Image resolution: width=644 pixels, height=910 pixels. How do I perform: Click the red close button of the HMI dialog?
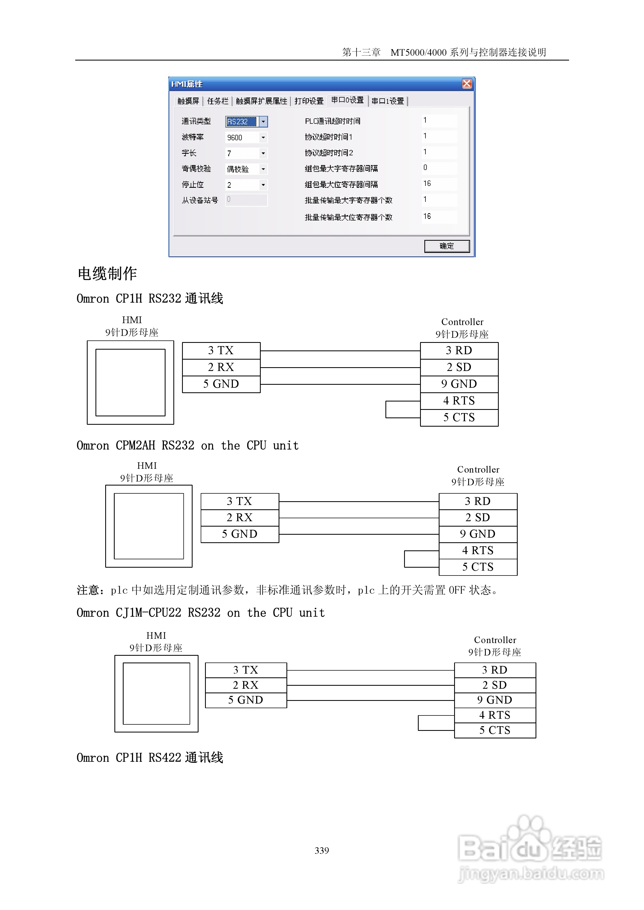tap(467, 84)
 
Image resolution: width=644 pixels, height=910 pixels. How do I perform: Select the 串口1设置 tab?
tap(388, 101)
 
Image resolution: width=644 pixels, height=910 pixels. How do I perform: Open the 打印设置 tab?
tap(309, 101)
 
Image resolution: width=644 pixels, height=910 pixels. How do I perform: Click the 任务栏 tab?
tap(217, 101)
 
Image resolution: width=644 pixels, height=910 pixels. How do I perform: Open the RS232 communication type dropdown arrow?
tap(263, 122)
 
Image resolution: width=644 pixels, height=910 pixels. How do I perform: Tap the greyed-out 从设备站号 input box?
tap(246, 200)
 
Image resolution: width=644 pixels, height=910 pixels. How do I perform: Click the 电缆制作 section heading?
tap(107, 273)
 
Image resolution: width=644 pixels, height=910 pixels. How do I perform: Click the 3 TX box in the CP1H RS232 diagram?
tap(221, 351)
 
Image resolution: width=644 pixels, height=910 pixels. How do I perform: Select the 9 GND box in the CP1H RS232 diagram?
tap(459, 384)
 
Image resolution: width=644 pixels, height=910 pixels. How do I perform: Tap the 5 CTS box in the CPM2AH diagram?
tap(478, 567)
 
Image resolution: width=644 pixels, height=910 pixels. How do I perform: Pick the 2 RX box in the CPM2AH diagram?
tap(240, 518)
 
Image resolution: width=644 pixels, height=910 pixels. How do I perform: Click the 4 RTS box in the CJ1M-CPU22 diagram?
tap(495, 715)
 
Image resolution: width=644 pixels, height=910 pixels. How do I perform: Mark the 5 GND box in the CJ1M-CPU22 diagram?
tap(246, 700)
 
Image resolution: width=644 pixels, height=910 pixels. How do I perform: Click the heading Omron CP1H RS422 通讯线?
tap(150, 757)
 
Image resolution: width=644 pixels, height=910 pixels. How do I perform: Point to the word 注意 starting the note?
tap(88, 590)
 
